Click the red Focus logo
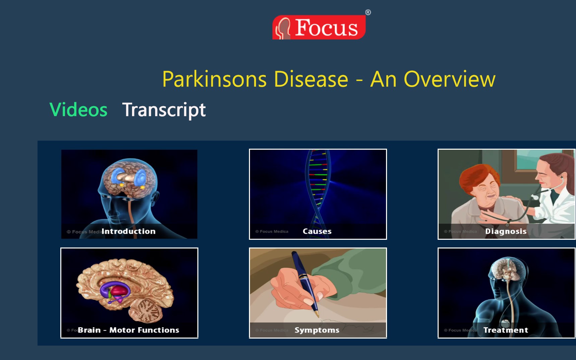coord(319,27)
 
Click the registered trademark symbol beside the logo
coord(368,12)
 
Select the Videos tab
coord(78,110)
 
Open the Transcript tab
coord(164,110)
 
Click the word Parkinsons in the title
coord(215,79)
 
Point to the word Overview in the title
coord(449,79)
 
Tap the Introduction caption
coord(128,231)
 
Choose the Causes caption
coord(317,231)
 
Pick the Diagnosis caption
coord(506,231)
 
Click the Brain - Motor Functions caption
coord(128,330)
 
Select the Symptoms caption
coord(317,330)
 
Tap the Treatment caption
coord(506,330)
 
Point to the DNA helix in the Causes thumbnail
coord(317,188)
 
